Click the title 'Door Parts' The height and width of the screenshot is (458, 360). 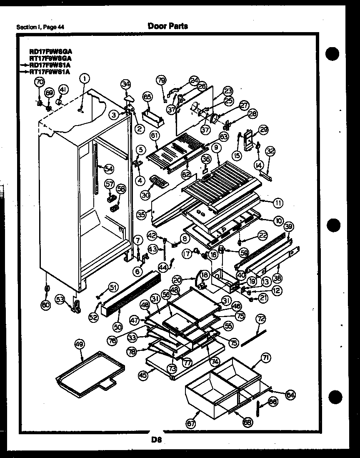click(167, 26)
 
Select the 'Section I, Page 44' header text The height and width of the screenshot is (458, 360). click(40, 28)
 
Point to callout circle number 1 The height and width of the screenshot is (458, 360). click(85, 78)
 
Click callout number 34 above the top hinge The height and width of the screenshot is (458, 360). click(126, 85)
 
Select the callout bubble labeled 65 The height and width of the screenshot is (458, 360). click(147, 97)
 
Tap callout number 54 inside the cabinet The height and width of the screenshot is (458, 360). click(109, 169)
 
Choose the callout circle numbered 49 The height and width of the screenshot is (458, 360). click(79, 344)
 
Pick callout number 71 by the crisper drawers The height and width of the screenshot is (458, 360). click(265, 357)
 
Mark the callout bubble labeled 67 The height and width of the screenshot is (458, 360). click(190, 424)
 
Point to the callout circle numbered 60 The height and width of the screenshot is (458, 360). click(46, 305)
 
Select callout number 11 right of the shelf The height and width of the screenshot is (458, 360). click(277, 203)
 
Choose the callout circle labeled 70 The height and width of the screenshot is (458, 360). click(40, 82)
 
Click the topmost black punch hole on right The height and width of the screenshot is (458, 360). click(333, 54)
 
